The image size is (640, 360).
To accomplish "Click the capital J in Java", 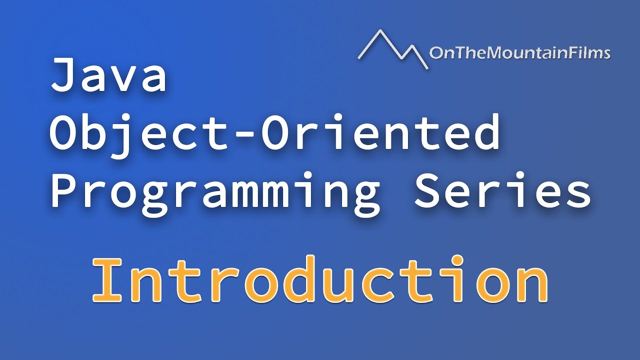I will [x=63, y=75].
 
